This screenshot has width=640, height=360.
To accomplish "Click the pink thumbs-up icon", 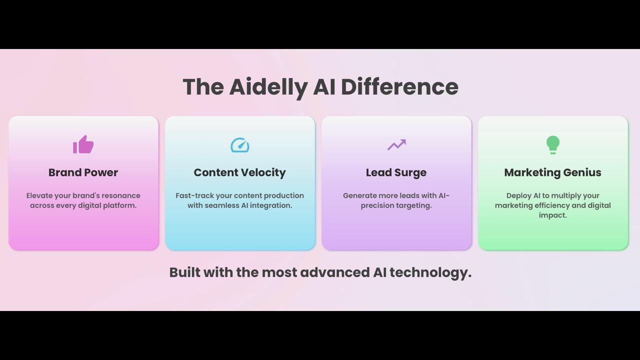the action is tap(83, 144).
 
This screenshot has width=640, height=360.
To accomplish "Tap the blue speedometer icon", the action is tap(240, 145).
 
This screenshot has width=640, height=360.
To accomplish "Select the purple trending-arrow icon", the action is tap(396, 144).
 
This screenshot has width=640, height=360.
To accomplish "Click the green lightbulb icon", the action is tap(553, 145).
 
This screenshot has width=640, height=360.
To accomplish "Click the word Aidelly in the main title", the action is tap(268, 87).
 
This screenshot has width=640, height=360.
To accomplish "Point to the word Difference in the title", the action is tap(399, 86).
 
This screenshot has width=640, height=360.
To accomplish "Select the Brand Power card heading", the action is tap(83, 172).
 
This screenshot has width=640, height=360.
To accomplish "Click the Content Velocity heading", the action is tap(239, 173).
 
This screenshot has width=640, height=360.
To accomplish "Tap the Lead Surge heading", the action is tap(396, 173).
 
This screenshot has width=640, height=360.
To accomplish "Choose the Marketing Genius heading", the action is tap(553, 173).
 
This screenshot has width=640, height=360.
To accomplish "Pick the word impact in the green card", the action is tap(553, 215).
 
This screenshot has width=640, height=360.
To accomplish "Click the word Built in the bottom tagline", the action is tap(185, 272).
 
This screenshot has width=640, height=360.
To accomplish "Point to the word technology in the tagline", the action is tap(430, 273).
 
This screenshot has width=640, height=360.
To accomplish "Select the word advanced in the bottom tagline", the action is tap(335, 272).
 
